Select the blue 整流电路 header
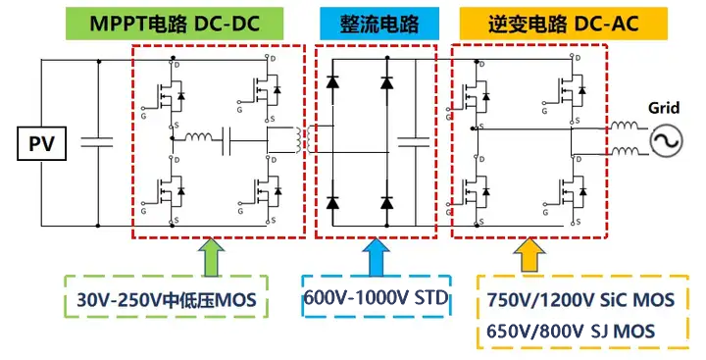pos(378,21)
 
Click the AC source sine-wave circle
pos(664,142)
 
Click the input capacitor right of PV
pos(99,143)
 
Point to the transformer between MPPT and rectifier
pos(295,141)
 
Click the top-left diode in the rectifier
pos(335,85)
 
